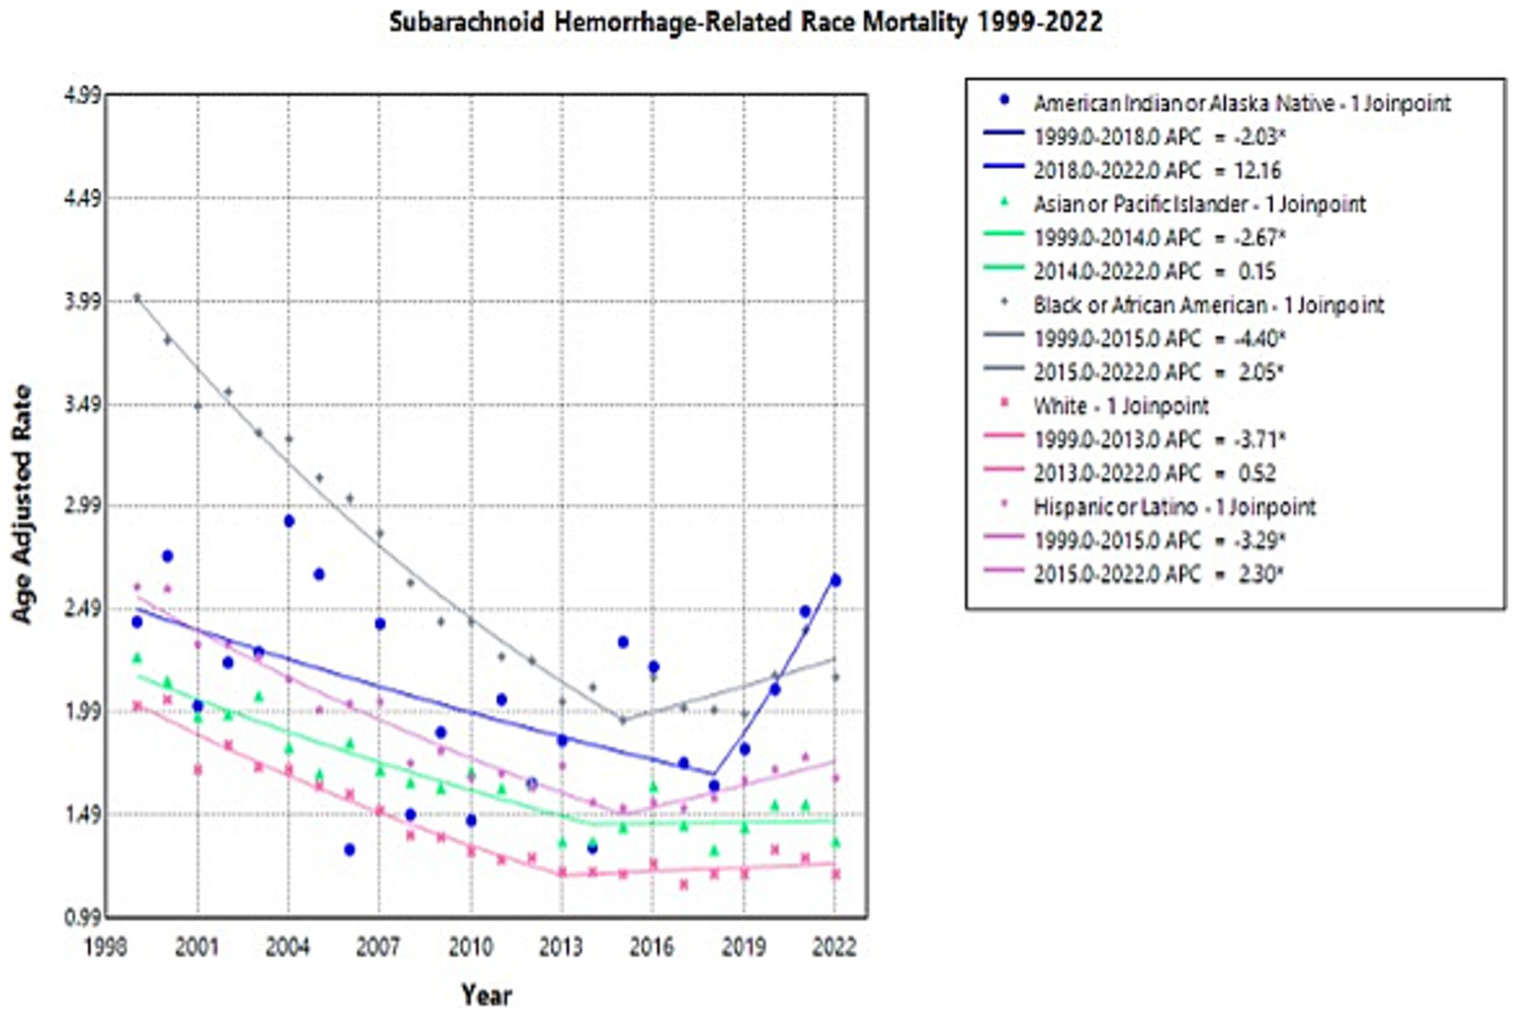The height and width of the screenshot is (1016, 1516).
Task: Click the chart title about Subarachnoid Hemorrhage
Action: click(x=746, y=22)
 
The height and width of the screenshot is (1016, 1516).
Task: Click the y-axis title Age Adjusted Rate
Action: click(x=22, y=504)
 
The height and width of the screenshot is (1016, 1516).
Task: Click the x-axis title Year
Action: click(x=486, y=994)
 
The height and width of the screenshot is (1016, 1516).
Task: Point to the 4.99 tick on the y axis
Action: click(x=82, y=96)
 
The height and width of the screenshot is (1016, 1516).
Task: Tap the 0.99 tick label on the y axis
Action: click(x=82, y=917)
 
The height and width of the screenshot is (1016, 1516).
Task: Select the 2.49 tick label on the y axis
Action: click(x=82, y=609)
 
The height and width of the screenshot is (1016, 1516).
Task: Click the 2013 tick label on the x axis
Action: click(x=561, y=948)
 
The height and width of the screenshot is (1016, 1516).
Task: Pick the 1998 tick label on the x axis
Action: click(x=106, y=948)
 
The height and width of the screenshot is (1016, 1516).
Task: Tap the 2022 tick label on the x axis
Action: click(x=835, y=948)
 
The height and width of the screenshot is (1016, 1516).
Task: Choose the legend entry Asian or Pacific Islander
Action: click(x=1199, y=204)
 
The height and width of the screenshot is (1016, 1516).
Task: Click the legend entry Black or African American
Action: click(x=1208, y=305)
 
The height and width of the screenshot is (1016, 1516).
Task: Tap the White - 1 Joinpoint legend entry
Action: click(x=1121, y=406)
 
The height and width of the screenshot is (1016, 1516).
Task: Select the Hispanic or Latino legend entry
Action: click(x=1174, y=507)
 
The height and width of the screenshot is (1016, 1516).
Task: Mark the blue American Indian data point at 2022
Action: click(x=836, y=581)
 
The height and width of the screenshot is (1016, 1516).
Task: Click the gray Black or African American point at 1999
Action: click(x=137, y=297)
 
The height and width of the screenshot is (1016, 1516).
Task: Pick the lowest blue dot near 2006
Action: click(x=350, y=849)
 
